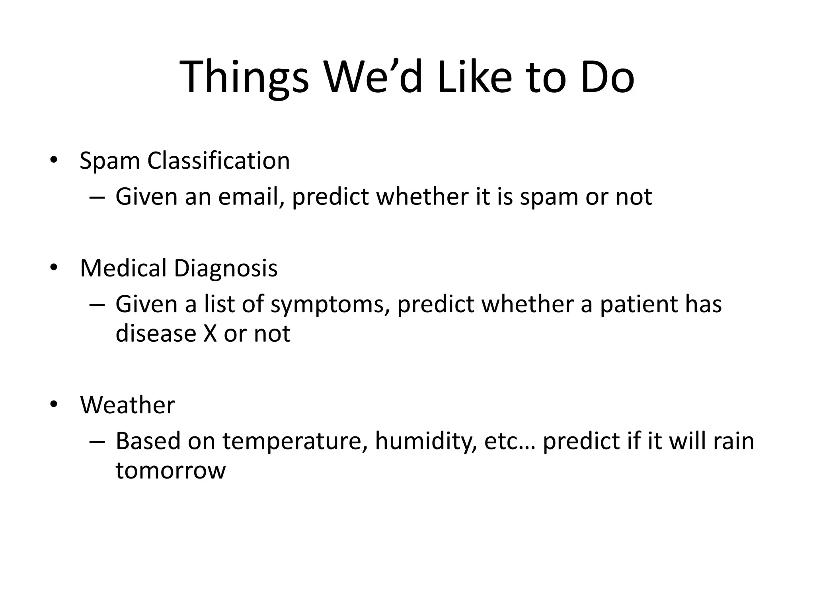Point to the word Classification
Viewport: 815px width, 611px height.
pos(218,161)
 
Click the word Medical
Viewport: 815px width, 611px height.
pos(123,268)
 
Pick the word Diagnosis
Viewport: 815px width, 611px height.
pos(226,269)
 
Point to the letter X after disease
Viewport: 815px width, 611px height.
pos(210,333)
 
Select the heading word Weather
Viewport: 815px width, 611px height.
pos(127,405)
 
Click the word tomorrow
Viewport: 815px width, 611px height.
pos(170,470)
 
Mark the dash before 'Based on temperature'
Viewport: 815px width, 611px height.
pos(97,442)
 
